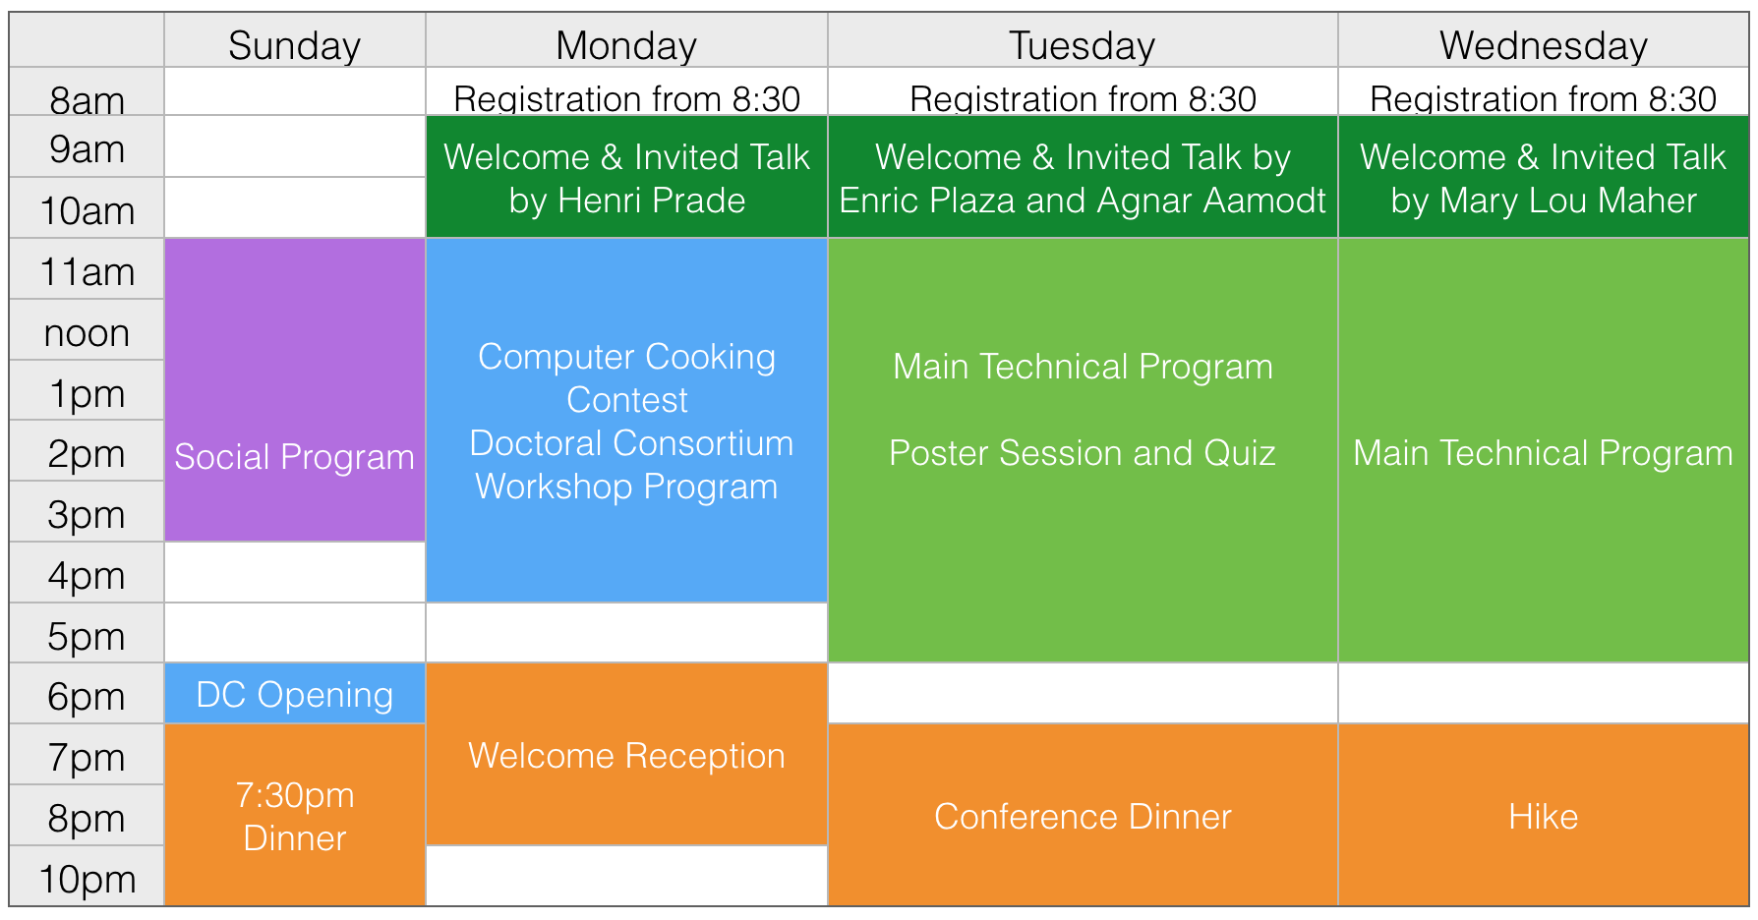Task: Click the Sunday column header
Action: click(294, 45)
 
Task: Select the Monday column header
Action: click(626, 45)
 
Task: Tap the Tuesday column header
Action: click(1082, 45)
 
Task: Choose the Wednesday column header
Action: click(1543, 45)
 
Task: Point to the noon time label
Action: click(87, 333)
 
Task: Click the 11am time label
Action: click(87, 272)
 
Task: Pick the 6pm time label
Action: click(87, 697)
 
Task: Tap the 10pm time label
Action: click(87, 879)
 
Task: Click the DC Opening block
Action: click(295, 694)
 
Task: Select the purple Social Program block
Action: click(295, 389)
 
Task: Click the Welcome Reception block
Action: click(626, 754)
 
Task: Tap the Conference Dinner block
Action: click(1083, 815)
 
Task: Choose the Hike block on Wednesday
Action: click(1544, 815)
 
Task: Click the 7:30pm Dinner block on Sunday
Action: click(295, 815)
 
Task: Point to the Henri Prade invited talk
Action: click(626, 177)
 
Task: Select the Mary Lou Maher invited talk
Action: click(1544, 177)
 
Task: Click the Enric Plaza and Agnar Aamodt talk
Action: click(1083, 177)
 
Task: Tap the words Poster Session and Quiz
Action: click(1083, 453)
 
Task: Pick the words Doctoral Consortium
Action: click(631, 443)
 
